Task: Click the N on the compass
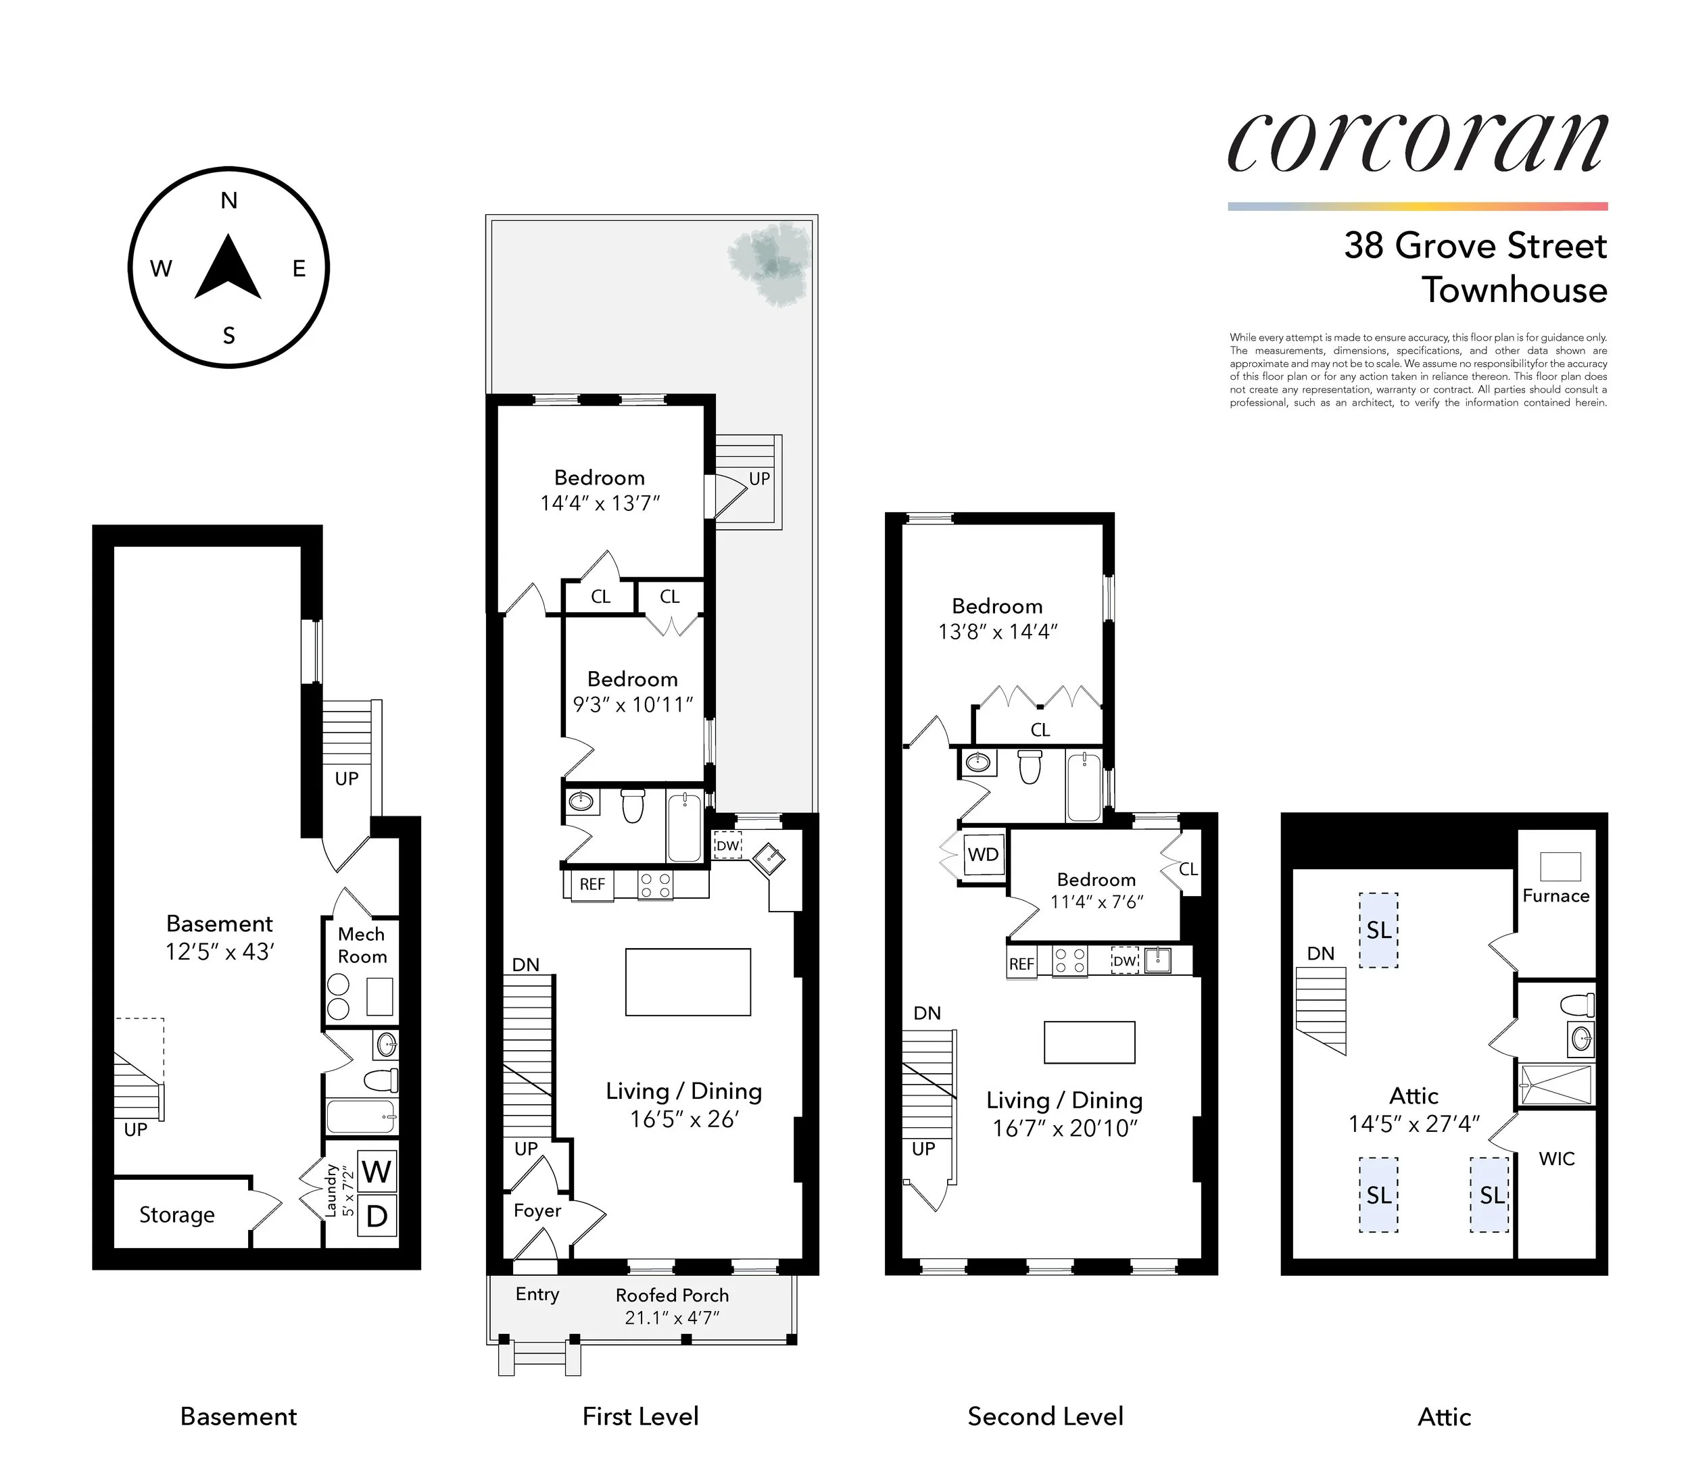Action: coord(229,201)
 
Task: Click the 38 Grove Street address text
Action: coord(1474,245)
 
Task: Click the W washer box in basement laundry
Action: coord(376,1171)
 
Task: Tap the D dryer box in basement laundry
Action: coord(376,1216)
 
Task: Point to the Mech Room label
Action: coord(362,945)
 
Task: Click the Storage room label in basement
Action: coord(177,1214)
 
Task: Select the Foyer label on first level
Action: coord(537,1210)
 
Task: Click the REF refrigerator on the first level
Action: coord(592,884)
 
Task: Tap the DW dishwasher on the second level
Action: coord(1125,961)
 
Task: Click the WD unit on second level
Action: coord(983,854)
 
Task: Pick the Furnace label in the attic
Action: coord(1555,895)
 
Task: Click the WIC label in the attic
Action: coord(1556,1158)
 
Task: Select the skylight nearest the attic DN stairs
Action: coord(1378,931)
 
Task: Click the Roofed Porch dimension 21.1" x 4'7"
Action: coord(672,1317)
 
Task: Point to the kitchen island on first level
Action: coord(687,981)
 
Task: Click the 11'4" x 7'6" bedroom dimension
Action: coord(1096,901)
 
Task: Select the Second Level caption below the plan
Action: coord(1045,1416)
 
